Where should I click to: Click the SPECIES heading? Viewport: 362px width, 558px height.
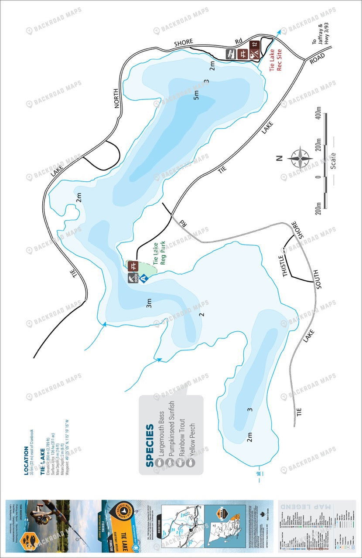[149, 446]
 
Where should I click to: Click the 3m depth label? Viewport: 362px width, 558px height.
[149, 304]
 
